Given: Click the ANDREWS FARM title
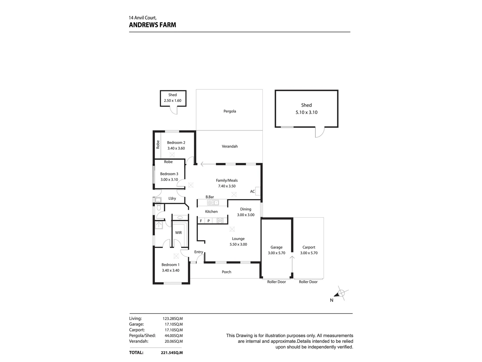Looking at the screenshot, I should pyautogui.click(x=152, y=25).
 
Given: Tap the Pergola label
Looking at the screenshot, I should pyautogui.click(x=230, y=111).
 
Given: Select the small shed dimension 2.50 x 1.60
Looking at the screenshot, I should pyautogui.click(x=172, y=101).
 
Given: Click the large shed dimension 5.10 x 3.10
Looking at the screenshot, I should pyautogui.click(x=306, y=113).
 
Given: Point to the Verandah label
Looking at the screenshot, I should pyautogui.click(x=230, y=146).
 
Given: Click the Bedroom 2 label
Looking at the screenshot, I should pyautogui.click(x=176, y=143).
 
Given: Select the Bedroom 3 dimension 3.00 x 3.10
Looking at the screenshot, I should pyautogui.click(x=169, y=180).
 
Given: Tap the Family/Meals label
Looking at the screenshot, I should pyautogui.click(x=227, y=180).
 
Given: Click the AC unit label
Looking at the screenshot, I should pyautogui.click(x=252, y=192).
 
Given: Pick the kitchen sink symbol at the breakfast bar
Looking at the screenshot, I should pyautogui.click(x=213, y=202).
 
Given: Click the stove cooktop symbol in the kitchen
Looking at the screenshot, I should pyautogui.click(x=220, y=221).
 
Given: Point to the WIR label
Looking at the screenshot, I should pyautogui.click(x=178, y=233).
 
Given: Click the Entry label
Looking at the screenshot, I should pyautogui.click(x=198, y=252).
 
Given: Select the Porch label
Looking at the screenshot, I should pyautogui.click(x=227, y=272).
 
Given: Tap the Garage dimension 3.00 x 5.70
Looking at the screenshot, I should pyautogui.click(x=276, y=253).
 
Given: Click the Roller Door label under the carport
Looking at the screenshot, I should pyautogui.click(x=308, y=282).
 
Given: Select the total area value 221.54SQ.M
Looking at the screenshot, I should pyautogui.click(x=172, y=353).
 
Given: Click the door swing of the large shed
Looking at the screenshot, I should pyautogui.click(x=320, y=132).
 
